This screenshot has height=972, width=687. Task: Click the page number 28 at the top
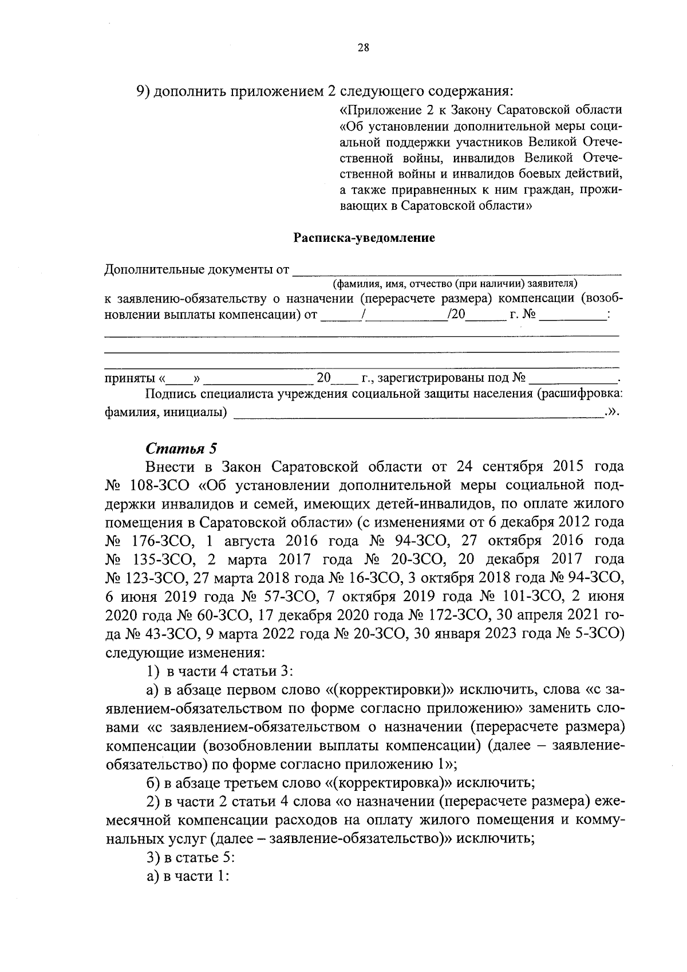tap(363, 48)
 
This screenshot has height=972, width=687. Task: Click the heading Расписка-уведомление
tap(364, 238)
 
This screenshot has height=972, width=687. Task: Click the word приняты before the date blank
tap(129, 378)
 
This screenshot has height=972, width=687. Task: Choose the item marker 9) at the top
tap(143, 91)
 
